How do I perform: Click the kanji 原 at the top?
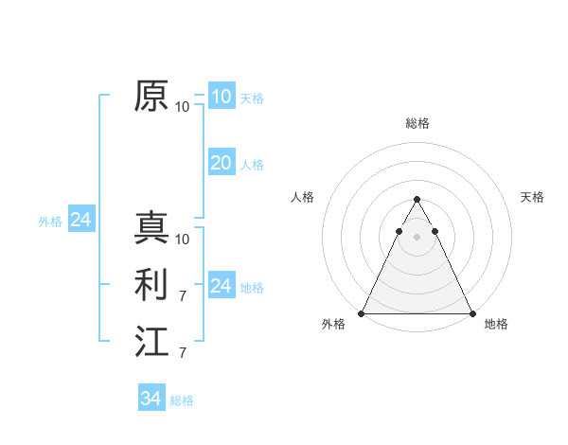click(151, 96)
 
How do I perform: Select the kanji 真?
click(151, 228)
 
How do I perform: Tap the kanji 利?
click(151, 285)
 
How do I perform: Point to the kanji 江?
click(151, 341)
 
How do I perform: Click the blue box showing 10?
click(221, 97)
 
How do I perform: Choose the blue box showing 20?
click(221, 163)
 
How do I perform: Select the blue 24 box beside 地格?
click(221, 286)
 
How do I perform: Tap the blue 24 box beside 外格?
click(80, 221)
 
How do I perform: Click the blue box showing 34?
click(151, 399)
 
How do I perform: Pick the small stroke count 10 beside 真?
click(183, 239)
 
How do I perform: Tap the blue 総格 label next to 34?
click(182, 400)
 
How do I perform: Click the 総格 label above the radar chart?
click(417, 123)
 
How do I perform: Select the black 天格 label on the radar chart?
click(532, 197)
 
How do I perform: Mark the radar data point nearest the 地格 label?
click(471, 313)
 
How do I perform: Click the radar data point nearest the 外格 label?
click(362, 313)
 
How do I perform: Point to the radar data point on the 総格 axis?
click(417, 200)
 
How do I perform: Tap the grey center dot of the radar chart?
click(417, 237)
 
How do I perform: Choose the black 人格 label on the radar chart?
click(302, 197)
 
